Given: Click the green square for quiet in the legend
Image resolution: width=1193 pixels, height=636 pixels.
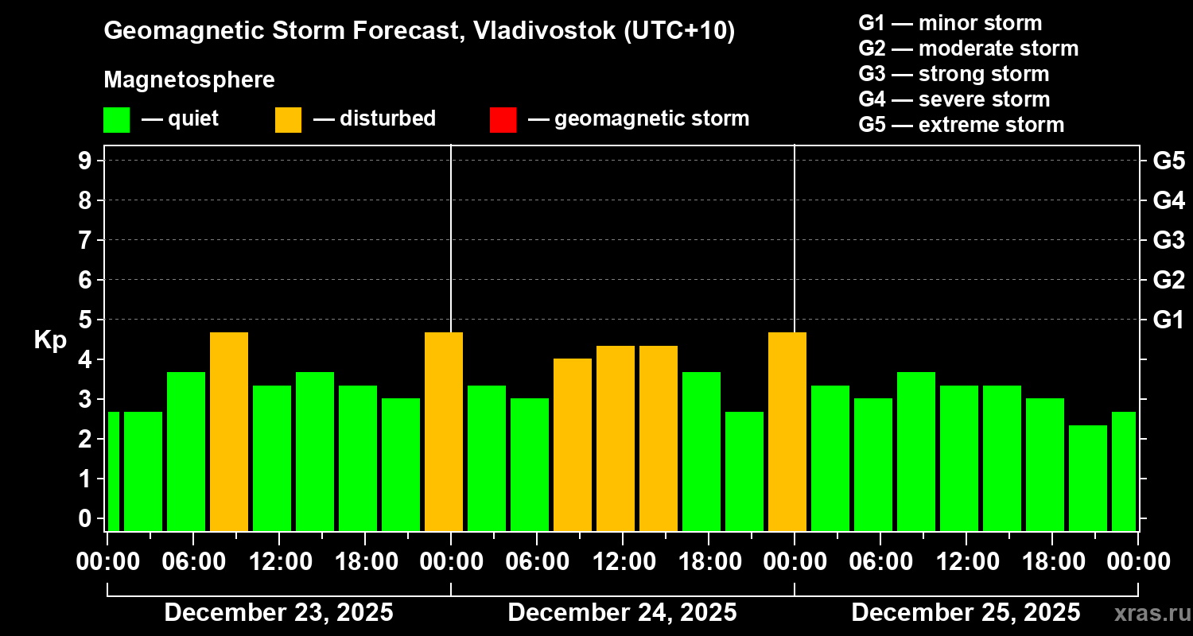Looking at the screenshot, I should [x=116, y=119].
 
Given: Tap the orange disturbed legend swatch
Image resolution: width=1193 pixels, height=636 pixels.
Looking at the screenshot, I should [x=288, y=119].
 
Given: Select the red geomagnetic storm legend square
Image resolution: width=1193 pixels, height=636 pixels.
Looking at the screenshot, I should [x=503, y=119].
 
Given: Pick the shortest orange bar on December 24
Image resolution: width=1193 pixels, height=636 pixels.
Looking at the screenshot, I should [x=573, y=444].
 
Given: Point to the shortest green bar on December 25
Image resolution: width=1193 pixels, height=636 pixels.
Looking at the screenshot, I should [x=1088, y=478].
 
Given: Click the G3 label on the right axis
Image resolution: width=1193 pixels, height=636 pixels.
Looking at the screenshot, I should [x=1168, y=240].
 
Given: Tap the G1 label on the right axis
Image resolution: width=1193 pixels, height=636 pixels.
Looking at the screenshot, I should [x=1168, y=320].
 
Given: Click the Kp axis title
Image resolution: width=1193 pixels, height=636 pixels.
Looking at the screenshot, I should [x=49, y=340].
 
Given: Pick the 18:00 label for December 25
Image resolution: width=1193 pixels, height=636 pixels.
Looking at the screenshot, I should [x=1051, y=561].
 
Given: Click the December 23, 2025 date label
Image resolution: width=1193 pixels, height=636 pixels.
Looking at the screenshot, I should [x=278, y=613].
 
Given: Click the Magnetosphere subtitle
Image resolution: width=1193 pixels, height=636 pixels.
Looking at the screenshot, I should [x=189, y=80].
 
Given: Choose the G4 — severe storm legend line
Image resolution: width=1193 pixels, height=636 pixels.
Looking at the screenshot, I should [x=954, y=99].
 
